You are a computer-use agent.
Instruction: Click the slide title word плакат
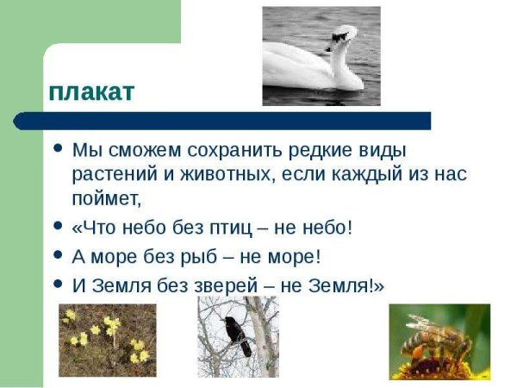(x=91, y=91)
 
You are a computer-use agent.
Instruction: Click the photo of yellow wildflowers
(x=108, y=340)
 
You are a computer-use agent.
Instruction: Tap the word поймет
(x=106, y=199)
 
